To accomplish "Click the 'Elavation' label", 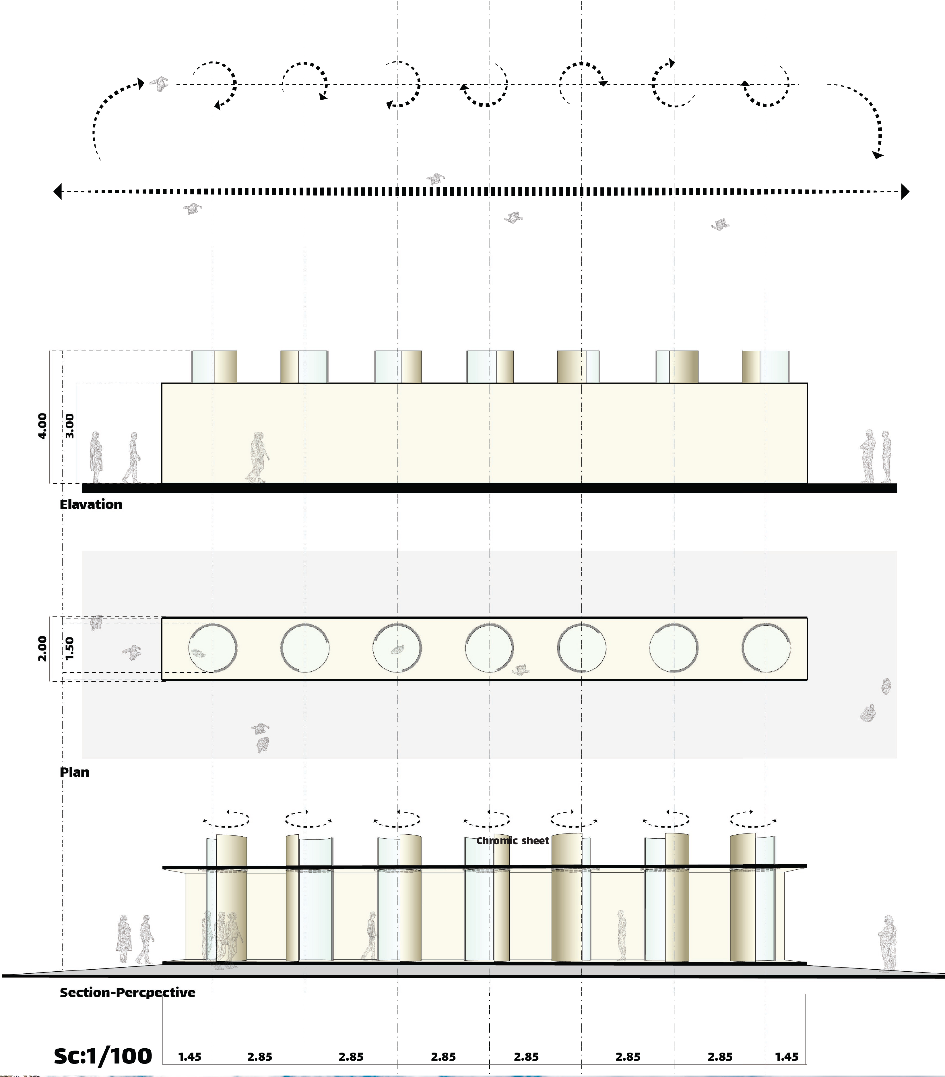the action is point(91,504).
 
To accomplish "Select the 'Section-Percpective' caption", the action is point(127,992).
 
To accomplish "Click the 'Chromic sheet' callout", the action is point(513,840).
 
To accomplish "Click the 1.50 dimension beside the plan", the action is point(70,649).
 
